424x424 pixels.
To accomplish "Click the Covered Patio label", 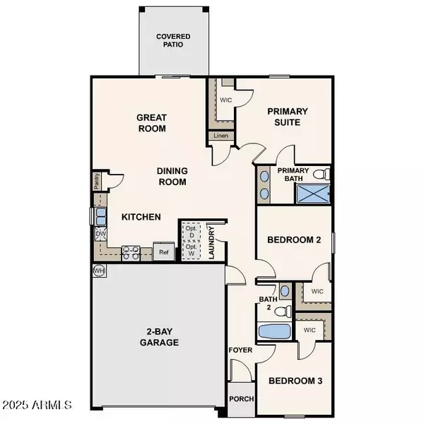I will (x=173, y=40).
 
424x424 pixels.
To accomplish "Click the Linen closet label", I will (x=220, y=136).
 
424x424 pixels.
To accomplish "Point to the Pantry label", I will (x=97, y=182).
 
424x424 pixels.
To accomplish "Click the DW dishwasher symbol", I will (x=100, y=233).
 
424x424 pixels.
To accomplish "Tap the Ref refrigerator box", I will (x=163, y=252).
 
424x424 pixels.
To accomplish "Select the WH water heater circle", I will (x=98, y=271).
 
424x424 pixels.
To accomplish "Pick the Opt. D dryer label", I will (x=190, y=232).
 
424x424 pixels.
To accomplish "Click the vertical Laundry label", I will (x=211, y=242).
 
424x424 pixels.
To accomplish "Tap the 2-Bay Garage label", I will (x=158, y=336).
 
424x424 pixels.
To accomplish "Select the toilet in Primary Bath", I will (x=319, y=174).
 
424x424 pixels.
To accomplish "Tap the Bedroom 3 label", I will (x=295, y=381).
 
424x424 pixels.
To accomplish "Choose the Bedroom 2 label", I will (x=293, y=240).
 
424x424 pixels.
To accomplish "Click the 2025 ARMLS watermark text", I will (x=37, y=406).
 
